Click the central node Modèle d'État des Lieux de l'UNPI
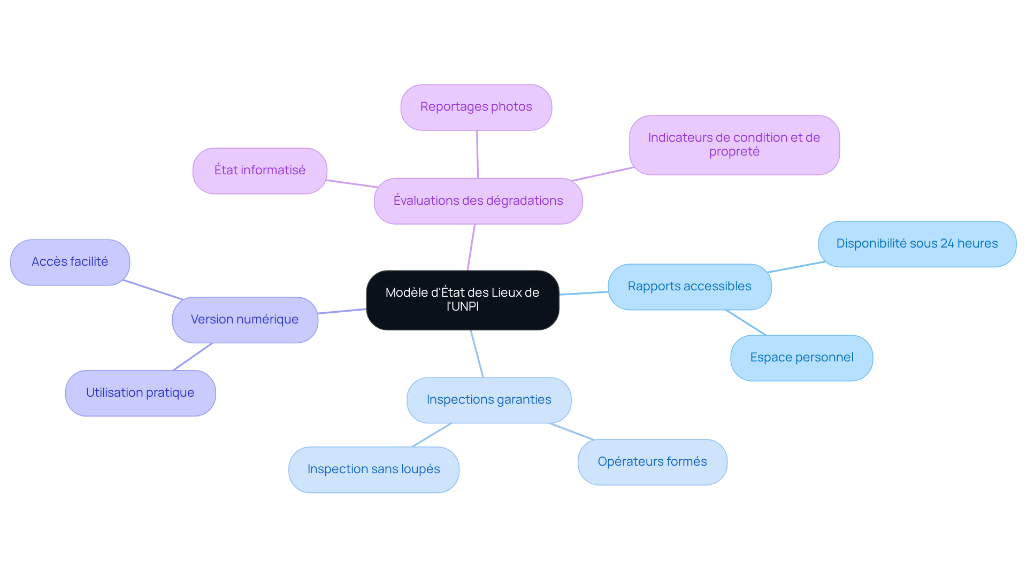click(462, 300)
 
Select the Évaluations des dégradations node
click(478, 201)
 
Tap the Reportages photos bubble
click(476, 107)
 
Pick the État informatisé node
click(259, 171)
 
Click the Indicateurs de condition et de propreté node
click(734, 145)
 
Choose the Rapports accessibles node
click(689, 287)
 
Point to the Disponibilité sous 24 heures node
click(916, 244)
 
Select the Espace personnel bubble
click(801, 358)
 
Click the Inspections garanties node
click(488, 400)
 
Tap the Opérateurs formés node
click(652, 462)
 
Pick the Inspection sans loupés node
click(373, 469)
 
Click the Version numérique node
click(244, 320)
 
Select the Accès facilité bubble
click(70, 262)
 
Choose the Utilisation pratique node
click(140, 393)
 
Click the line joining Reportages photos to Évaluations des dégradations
click(477, 154)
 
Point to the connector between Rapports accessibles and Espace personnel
click(746, 322)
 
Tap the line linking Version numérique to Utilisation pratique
click(193, 357)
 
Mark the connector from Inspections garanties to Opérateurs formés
click(571, 431)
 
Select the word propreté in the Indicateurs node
click(734, 152)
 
